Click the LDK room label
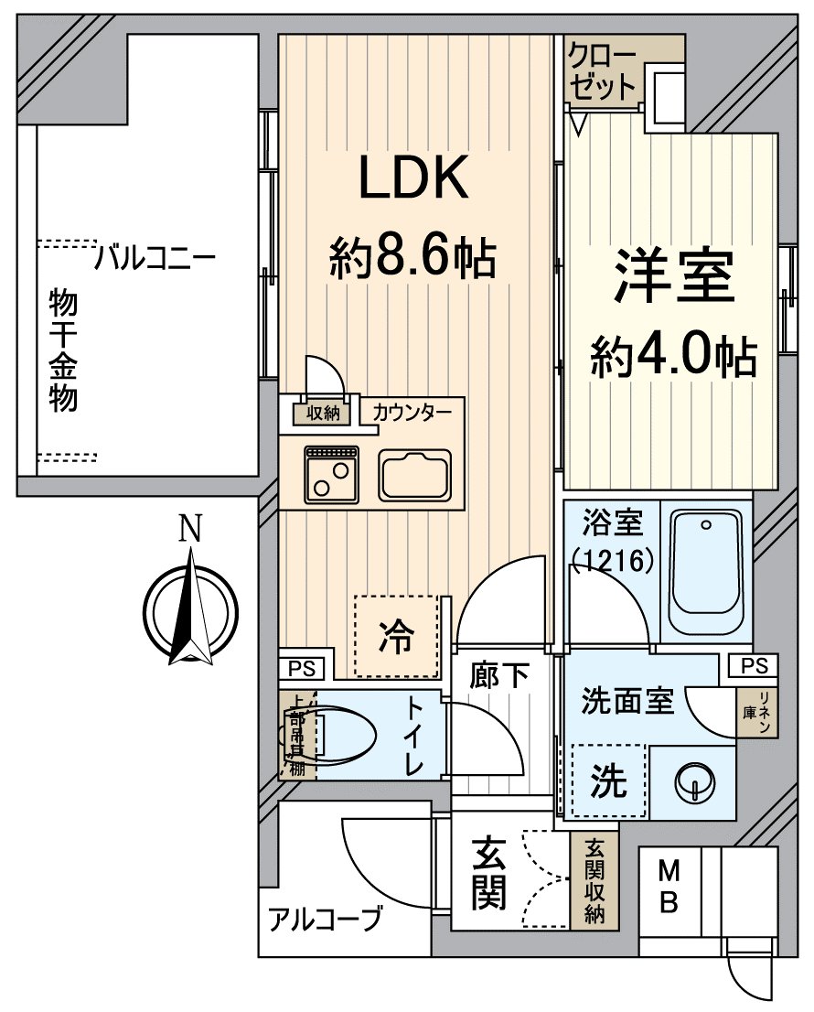(x=412, y=178)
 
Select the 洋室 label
(x=675, y=275)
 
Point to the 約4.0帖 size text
(x=673, y=355)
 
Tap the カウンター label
(x=412, y=413)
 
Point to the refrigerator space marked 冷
(x=396, y=636)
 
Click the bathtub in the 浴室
(x=706, y=572)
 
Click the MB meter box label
(x=669, y=887)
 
